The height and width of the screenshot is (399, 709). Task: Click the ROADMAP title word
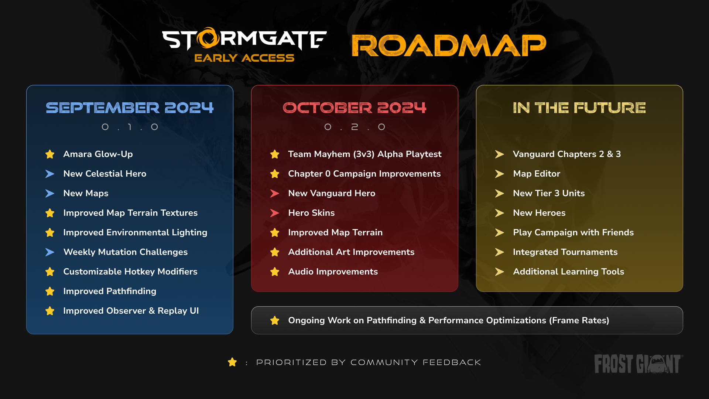tap(449, 45)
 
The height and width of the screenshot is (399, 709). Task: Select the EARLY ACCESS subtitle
tap(244, 58)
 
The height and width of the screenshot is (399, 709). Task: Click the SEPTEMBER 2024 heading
tap(130, 108)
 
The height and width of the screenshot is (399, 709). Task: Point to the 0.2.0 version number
tap(354, 127)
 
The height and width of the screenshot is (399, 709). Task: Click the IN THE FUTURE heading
tap(579, 108)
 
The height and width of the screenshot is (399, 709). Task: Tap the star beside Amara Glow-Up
tap(50, 154)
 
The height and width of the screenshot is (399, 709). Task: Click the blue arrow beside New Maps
tap(50, 194)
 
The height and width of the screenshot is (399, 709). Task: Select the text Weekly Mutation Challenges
tap(126, 252)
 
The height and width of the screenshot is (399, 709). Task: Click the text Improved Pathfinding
tap(110, 291)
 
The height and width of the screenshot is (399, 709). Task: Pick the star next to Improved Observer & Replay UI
tap(50, 311)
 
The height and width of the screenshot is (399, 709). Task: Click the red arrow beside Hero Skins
tap(275, 213)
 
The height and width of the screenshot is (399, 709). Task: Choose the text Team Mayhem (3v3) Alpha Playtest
tap(364, 154)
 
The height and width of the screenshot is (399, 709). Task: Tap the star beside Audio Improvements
tap(275, 272)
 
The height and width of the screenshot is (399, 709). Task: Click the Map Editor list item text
tap(537, 174)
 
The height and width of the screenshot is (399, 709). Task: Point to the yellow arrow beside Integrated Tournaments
tap(500, 252)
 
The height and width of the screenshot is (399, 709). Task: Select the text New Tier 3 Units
tap(549, 193)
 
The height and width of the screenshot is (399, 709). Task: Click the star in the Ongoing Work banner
tap(275, 321)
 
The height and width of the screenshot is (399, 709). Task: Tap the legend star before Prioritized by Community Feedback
tap(232, 362)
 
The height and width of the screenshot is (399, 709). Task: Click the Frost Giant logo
tap(638, 364)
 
